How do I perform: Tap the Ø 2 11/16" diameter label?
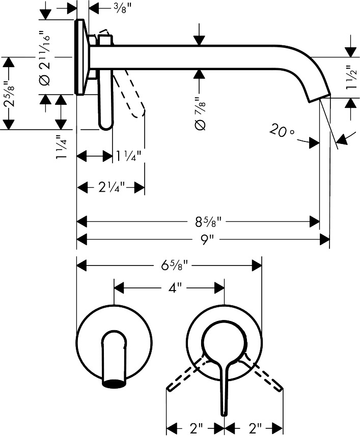[x=45, y=56]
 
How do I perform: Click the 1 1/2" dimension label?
[x=351, y=77]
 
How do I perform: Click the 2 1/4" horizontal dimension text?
[x=111, y=187]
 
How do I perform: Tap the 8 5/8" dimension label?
[x=208, y=222]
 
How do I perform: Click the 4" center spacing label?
[x=175, y=288]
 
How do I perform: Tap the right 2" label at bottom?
[x=256, y=428]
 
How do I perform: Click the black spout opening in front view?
[x=115, y=384]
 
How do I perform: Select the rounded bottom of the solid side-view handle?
[x=105, y=126]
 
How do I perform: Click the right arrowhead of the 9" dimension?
[x=324, y=240]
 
